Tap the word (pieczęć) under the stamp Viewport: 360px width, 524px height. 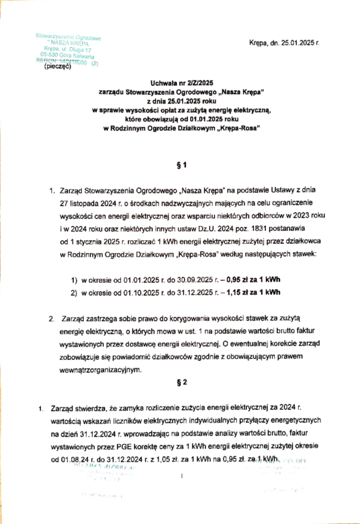pos(58,67)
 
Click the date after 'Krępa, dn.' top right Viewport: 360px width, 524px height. pos(299,43)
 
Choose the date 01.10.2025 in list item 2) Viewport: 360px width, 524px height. pos(142,293)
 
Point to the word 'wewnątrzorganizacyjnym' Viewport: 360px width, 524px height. pos(100,369)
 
